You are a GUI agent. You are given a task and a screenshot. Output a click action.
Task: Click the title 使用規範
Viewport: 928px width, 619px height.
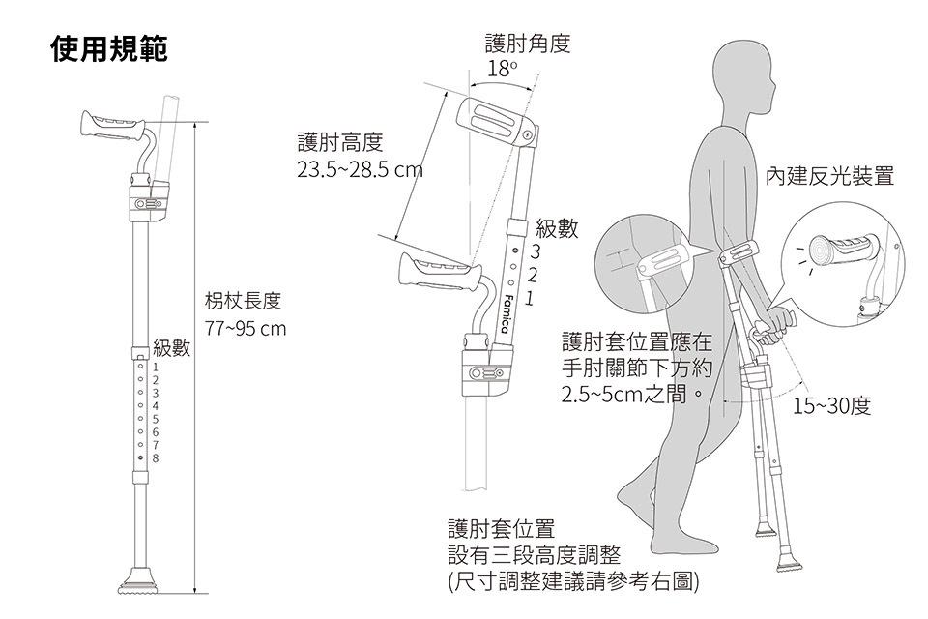[x=109, y=50]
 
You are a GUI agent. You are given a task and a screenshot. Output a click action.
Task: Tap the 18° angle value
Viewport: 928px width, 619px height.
[x=503, y=70]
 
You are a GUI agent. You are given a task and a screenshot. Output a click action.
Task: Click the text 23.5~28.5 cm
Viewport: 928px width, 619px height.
[x=360, y=171]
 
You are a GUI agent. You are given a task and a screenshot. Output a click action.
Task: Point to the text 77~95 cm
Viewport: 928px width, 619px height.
[x=246, y=329]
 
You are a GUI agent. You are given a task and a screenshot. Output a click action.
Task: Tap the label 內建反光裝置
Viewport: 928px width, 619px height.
[x=828, y=176]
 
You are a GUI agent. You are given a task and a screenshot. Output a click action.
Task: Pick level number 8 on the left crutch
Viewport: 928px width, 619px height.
[x=155, y=456]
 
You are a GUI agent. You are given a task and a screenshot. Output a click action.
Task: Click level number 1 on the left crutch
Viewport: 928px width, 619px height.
[x=155, y=368]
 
